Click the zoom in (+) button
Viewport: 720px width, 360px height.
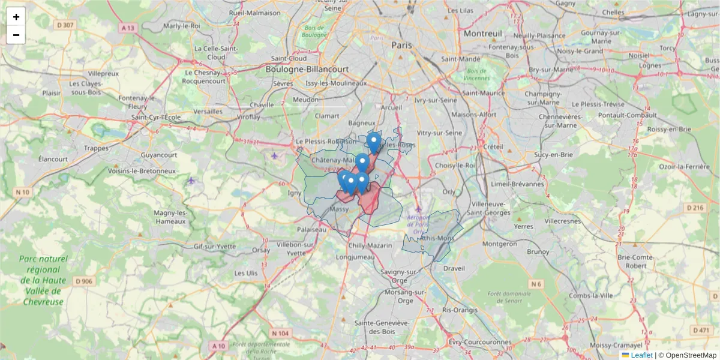point(16,17)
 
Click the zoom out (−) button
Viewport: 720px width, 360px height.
point(16,35)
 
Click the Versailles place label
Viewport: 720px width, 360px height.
point(208,112)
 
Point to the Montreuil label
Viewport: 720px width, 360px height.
point(482,34)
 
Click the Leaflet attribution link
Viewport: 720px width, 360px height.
point(641,355)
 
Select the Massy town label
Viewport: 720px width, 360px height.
point(340,209)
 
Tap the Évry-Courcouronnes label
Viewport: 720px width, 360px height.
point(479,343)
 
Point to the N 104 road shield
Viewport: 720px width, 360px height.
point(280,333)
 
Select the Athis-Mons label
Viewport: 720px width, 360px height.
point(437,238)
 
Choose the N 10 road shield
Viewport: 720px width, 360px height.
point(23,192)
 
